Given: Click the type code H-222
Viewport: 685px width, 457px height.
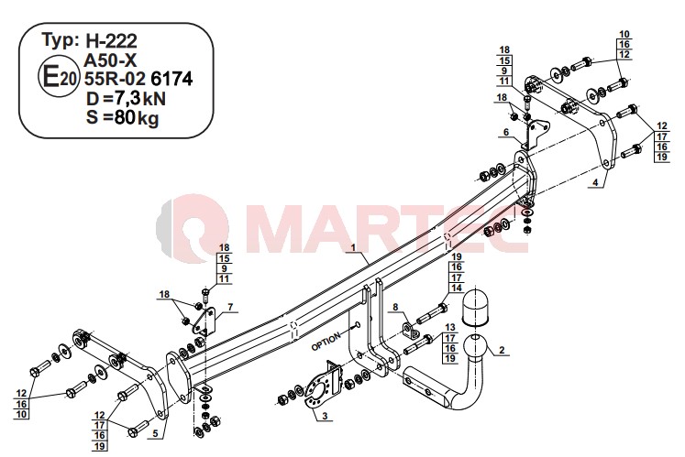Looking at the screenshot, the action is [x=111, y=40].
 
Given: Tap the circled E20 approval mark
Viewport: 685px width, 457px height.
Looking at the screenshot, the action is [x=59, y=79].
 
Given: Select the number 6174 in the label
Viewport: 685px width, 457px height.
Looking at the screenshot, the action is [x=171, y=79].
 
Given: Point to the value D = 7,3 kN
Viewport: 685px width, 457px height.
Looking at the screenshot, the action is [x=126, y=99].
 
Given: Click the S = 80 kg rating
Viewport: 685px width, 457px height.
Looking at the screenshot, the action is [x=122, y=118].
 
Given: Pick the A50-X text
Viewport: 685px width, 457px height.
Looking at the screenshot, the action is [x=110, y=60].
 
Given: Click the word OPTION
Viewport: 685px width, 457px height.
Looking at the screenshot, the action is [x=326, y=342].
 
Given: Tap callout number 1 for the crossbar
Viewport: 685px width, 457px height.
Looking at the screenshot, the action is [x=353, y=247].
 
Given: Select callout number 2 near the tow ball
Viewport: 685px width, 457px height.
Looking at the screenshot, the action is [x=502, y=350].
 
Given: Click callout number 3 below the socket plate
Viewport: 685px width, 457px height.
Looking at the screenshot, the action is [x=325, y=416].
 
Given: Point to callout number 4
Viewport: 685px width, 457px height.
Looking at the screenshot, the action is [x=595, y=182].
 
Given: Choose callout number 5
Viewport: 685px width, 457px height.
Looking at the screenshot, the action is [x=155, y=433].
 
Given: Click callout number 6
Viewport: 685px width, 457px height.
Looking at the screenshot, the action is [x=506, y=132].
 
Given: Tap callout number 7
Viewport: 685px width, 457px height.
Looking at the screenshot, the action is [x=230, y=307].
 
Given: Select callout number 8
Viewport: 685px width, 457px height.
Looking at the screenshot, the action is [x=395, y=308].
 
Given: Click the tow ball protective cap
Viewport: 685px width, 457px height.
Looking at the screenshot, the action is [x=475, y=308].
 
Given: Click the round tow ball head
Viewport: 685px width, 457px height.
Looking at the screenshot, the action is [x=476, y=347].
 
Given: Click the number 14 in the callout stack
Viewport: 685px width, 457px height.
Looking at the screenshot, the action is [x=457, y=288].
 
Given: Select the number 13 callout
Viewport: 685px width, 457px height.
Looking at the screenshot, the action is [x=450, y=327].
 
